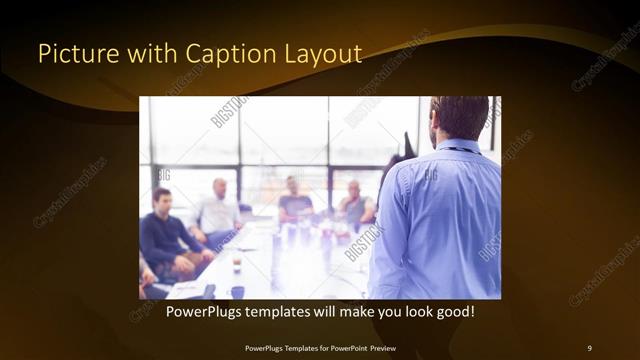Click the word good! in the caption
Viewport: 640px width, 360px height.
(x=453, y=312)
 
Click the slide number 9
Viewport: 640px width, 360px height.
(x=589, y=347)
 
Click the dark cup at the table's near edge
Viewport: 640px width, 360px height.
(x=237, y=292)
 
